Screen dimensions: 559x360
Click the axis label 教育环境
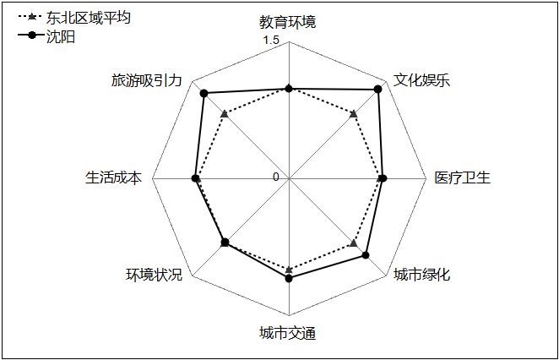pos(287,22)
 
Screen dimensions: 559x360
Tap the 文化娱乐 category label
pos(421,80)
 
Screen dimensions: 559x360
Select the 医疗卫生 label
pos(463,177)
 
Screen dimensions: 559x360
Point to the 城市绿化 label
pos(421,275)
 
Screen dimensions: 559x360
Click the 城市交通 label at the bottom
pos(287,333)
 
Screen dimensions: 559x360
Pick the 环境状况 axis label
pos(154,275)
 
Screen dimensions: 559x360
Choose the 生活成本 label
pos(113,177)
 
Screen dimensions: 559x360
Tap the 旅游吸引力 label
pos(147,80)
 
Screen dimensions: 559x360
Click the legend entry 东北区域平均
pos(88,17)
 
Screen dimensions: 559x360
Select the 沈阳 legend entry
pos(61,36)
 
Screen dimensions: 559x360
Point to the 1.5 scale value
pos(271,41)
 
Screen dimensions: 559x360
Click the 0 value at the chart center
pos(275,177)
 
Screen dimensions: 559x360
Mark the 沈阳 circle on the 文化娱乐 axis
pos(378,90)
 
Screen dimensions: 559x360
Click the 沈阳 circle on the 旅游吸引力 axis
pos(204,94)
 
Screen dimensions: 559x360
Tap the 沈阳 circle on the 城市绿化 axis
pos(366,255)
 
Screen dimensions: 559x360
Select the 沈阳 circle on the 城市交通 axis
pos(289,278)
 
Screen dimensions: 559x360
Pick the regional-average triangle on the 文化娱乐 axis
pos(353,114)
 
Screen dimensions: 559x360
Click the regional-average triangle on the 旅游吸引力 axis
pos(225,114)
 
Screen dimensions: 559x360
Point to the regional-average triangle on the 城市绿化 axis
pos(353,243)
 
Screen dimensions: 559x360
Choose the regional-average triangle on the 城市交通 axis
pos(289,270)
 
